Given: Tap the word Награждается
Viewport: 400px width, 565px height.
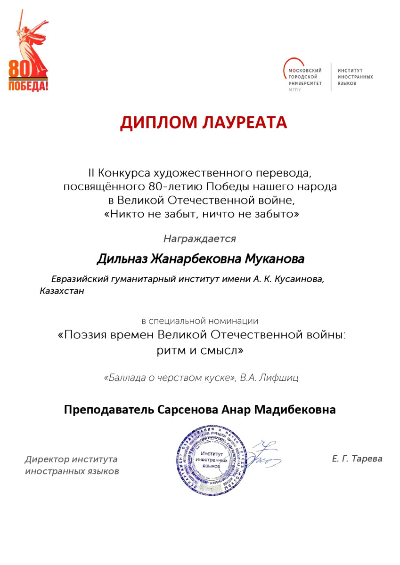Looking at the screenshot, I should click(200, 239).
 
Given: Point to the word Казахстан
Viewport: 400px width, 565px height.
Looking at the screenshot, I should click(62, 291).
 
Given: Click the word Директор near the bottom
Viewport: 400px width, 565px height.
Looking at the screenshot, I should click(47, 459).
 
